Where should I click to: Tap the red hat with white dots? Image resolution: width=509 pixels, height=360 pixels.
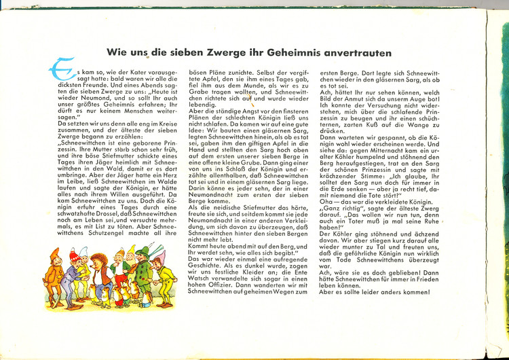click(x=75, y=255)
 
